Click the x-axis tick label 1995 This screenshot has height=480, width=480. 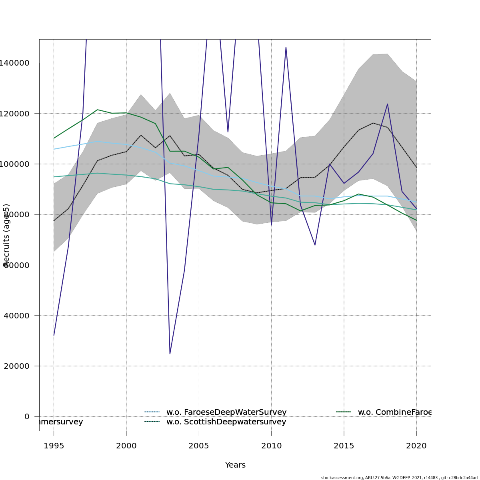point(54,446)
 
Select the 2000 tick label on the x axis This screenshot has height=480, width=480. point(126,446)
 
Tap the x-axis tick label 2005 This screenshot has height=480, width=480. point(199,446)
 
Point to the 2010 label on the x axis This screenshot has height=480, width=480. point(271,446)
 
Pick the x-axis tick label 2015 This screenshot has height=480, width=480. point(344,446)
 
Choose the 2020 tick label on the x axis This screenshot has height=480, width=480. point(416,446)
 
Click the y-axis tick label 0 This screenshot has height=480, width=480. point(27,416)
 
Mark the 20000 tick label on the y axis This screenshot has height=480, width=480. point(16,366)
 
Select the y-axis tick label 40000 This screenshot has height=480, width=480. point(16,316)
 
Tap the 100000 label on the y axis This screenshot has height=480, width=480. point(14,164)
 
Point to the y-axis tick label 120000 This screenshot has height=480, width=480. point(14,114)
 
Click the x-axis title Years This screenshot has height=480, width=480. point(235,465)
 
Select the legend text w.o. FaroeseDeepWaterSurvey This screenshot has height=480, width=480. point(226,412)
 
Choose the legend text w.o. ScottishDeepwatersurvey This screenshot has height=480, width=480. point(226,422)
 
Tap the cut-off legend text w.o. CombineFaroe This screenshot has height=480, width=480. point(394,412)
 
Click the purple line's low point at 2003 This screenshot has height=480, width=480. point(170,354)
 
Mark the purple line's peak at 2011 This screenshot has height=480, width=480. point(286,47)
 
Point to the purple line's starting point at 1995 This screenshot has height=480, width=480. point(54,335)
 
